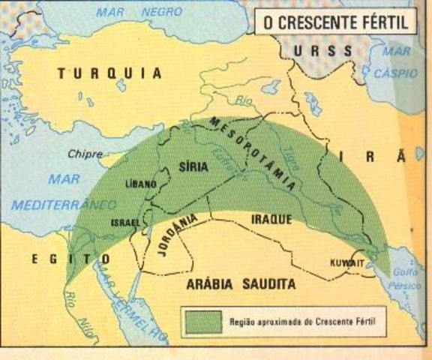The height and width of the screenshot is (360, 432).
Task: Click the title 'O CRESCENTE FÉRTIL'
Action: (334, 22)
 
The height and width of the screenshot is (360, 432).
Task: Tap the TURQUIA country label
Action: (109, 73)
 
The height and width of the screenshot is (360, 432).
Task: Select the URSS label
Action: (322, 51)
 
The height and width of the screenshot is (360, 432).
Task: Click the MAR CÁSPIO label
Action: (397, 64)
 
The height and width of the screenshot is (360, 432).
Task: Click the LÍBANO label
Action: (140, 184)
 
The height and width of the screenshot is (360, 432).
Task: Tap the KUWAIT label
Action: (346, 262)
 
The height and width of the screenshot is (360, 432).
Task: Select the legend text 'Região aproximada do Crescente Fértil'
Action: (301, 322)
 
